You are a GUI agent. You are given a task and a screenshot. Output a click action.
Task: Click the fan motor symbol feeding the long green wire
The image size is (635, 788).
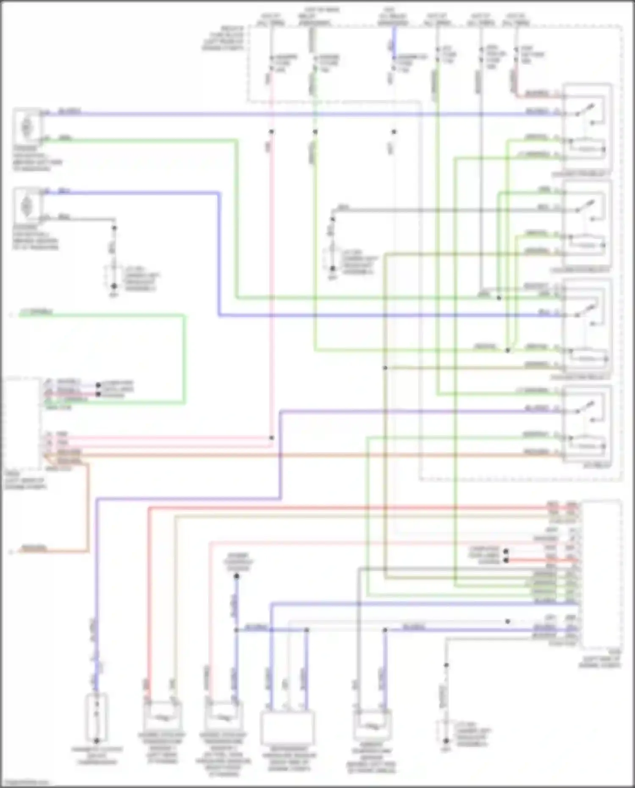coord(27,126)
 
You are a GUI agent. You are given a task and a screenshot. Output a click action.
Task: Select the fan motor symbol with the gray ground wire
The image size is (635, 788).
coord(27,205)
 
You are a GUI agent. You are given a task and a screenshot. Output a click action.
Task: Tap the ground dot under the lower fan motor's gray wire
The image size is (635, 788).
coord(114,287)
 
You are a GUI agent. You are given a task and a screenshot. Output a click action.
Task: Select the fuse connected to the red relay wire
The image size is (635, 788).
coord(516,55)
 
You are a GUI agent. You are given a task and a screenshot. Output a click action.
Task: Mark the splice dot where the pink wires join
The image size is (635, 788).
coord(271,438)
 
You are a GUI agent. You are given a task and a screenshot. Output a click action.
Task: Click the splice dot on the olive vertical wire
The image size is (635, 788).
coord(385,368)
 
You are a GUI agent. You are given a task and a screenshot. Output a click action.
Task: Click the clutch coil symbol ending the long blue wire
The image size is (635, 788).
coord(96,716)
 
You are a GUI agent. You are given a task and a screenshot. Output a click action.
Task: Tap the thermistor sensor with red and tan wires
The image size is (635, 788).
coord(162,716)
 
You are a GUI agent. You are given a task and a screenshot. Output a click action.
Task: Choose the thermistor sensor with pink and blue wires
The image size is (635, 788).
coord(223,716)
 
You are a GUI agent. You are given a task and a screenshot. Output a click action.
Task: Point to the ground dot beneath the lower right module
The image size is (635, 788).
coord(446,741)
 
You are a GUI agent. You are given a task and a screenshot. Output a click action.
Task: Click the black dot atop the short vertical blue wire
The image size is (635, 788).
coord(237,576)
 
